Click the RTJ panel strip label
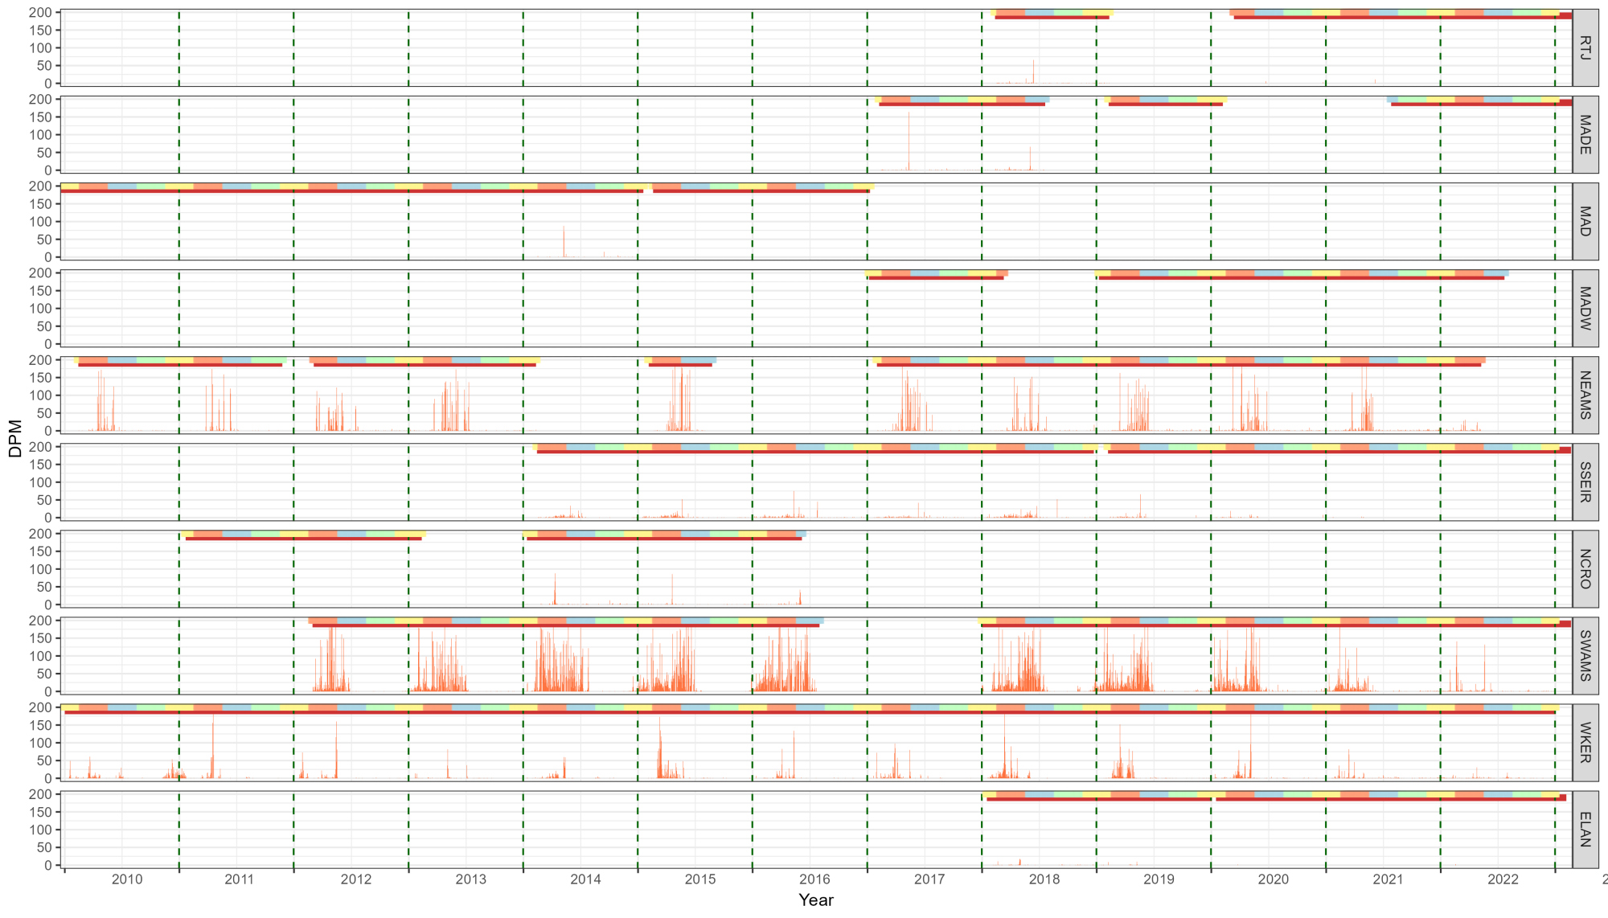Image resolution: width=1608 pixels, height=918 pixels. pyautogui.click(x=1585, y=47)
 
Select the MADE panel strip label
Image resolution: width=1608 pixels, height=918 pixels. pyautogui.click(x=1585, y=134)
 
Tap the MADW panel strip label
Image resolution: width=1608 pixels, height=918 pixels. pyautogui.click(x=1585, y=308)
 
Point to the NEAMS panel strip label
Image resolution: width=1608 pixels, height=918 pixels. pyautogui.click(x=1585, y=395)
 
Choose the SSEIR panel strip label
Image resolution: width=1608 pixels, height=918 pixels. pyautogui.click(x=1585, y=482)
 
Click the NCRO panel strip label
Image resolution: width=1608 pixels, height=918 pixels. pyautogui.click(x=1585, y=568)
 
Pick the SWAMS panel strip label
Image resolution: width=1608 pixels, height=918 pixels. pyautogui.click(x=1585, y=655)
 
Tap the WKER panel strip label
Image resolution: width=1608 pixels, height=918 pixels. pyautogui.click(x=1585, y=742)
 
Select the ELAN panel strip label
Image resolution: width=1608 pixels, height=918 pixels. pyautogui.click(x=1585, y=829)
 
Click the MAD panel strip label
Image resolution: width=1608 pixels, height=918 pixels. pyautogui.click(x=1585, y=221)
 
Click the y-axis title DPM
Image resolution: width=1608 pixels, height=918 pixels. pyautogui.click(x=15, y=438)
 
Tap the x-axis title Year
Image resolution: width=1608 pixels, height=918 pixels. pyautogui.click(x=816, y=900)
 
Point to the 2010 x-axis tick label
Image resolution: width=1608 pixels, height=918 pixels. pyautogui.click(x=127, y=879)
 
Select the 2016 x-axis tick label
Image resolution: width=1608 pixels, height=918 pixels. pyautogui.click(x=815, y=879)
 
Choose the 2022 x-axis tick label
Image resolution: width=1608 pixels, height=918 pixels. pyautogui.click(x=1503, y=879)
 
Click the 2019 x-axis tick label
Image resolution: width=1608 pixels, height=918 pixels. pyautogui.click(x=1159, y=879)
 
